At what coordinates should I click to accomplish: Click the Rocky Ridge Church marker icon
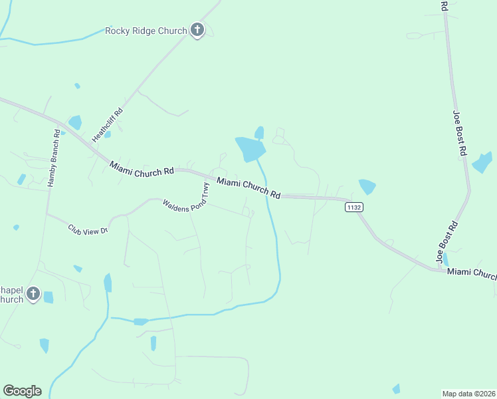pos(197,30)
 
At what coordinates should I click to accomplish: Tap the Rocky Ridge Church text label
pos(146,31)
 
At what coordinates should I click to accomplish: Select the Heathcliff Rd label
pos(108,125)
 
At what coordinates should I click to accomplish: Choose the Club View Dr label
pos(88,229)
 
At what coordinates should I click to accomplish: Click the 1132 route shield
pos(354,207)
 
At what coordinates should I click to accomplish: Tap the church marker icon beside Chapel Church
pos(33,293)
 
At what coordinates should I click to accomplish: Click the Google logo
pos(22,391)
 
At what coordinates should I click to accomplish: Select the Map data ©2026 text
pos(468,393)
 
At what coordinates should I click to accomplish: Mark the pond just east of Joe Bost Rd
pos(482,163)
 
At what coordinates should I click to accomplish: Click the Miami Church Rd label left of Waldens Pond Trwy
pos(142,168)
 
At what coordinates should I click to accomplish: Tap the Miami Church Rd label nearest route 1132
pos(249,188)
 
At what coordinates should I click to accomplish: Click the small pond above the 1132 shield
pos(366,186)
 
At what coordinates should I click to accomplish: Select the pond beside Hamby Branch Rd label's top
pos(74,122)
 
